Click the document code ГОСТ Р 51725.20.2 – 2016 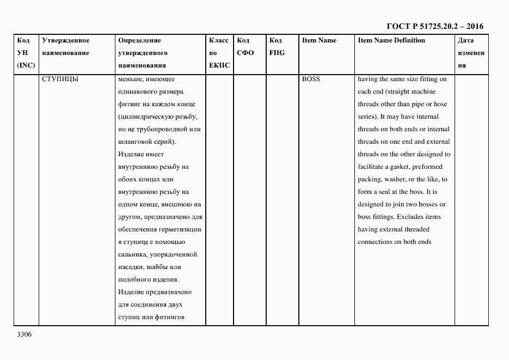click(x=434, y=26)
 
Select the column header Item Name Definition click(x=391, y=40)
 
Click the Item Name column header click(x=319, y=40)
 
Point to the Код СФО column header click(x=246, y=47)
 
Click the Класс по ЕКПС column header click(x=219, y=53)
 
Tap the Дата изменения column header click(x=470, y=53)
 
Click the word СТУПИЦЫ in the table click(x=60, y=79)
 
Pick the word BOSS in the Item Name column click(x=311, y=79)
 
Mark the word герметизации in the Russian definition click(x=180, y=229)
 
